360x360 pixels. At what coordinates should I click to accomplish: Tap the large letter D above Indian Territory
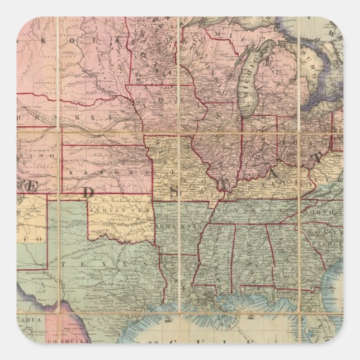pyautogui.click(x=88, y=192)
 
